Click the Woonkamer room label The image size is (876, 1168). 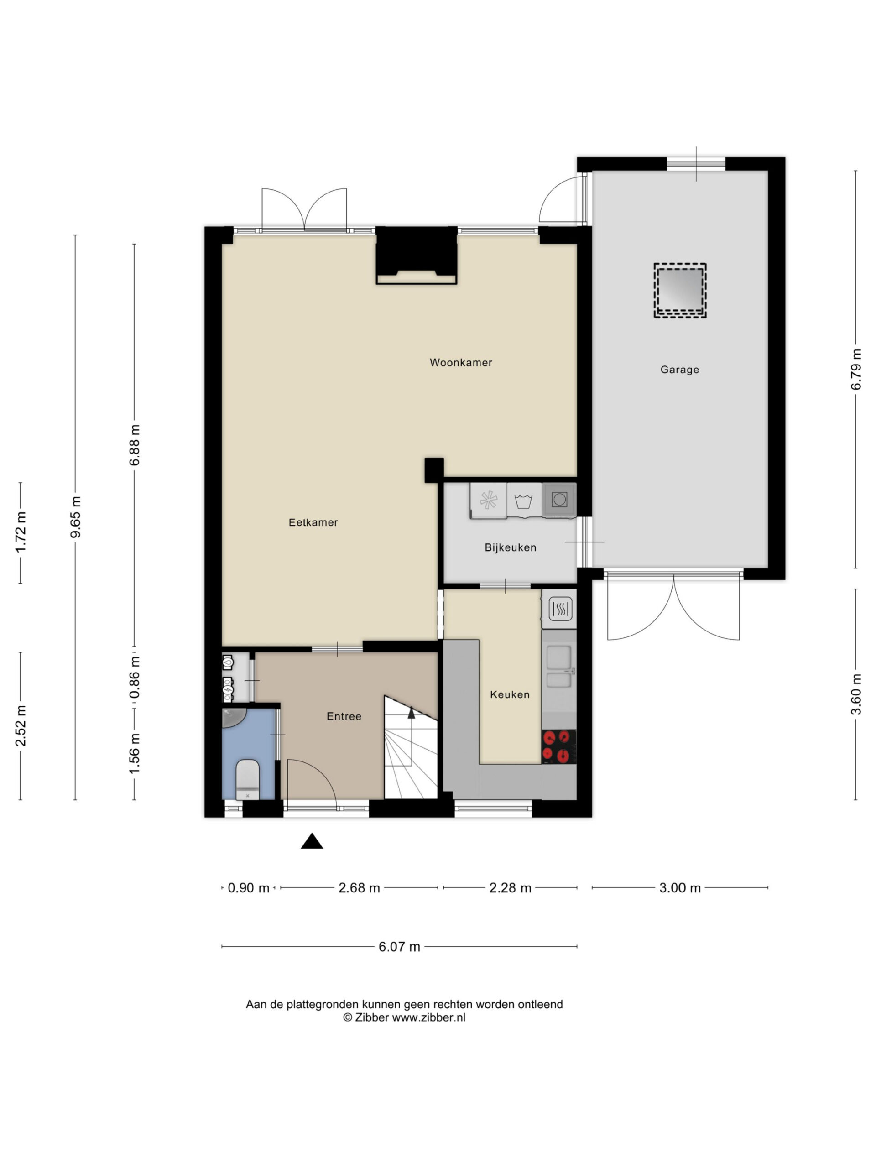(x=460, y=362)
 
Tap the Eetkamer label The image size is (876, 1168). (x=313, y=522)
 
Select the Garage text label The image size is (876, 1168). (x=679, y=370)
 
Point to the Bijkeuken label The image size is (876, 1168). (x=511, y=547)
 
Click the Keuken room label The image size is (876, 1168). (x=510, y=694)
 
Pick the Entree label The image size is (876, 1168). (x=344, y=716)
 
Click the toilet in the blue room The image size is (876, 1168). (x=248, y=779)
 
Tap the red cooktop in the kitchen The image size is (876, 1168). (x=558, y=746)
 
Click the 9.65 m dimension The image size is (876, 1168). (x=75, y=516)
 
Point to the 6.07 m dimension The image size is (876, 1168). (x=399, y=947)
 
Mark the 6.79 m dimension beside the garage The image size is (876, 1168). (x=856, y=370)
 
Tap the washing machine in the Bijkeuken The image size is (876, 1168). (x=524, y=500)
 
